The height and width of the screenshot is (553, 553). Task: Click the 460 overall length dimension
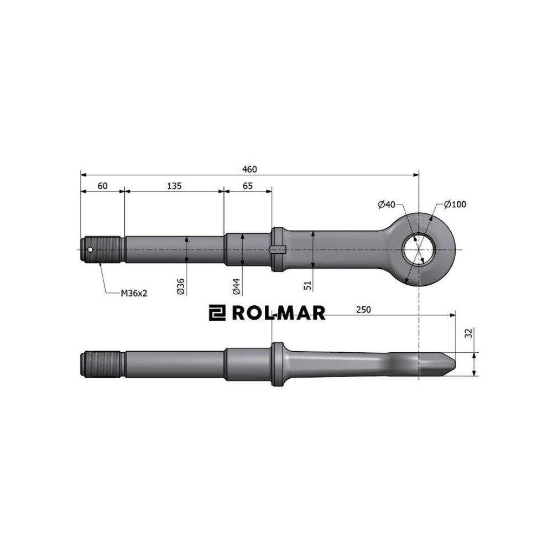(x=249, y=169)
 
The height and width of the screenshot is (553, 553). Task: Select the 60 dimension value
(x=102, y=186)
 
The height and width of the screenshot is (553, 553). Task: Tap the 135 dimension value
(x=174, y=186)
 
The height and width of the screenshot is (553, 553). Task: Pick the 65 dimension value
(x=247, y=186)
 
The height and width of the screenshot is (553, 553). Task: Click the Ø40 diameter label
(x=387, y=205)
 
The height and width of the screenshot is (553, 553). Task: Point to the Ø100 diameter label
(x=455, y=205)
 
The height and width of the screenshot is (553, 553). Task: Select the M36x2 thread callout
(x=134, y=293)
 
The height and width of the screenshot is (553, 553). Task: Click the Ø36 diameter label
(x=180, y=285)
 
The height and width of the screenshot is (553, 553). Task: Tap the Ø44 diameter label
(x=236, y=285)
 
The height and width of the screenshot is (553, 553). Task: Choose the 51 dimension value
(x=308, y=285)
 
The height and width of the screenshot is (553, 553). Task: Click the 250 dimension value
(x=363, y=310)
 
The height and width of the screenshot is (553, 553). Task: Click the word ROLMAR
(x=279, y=314)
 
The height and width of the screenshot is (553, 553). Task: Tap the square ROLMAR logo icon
(x=216, y=314)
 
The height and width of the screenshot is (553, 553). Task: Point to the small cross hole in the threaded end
(x=90, y=249)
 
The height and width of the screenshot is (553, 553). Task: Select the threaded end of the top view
(x=103, y=249)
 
